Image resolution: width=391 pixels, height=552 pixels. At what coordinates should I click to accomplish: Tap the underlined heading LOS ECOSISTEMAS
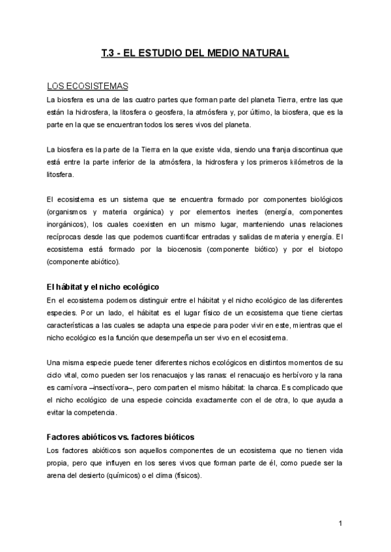(x=87, y=87)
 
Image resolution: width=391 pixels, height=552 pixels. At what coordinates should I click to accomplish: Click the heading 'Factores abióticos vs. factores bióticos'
(x=121, y=437)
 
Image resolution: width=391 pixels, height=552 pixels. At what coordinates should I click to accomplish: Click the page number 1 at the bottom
(x=341, y=523)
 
